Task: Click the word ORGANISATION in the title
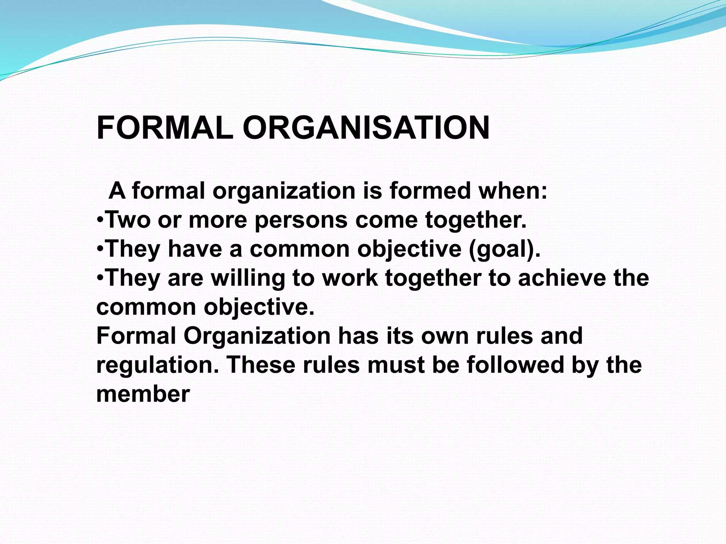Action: [x=366, y=128]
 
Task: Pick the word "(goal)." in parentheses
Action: [x=505, y=249]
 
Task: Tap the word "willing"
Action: [x=248, y=278]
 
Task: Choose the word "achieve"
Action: [x=562, y=278]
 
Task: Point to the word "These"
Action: [x=261, y=365]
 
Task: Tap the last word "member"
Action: [x=143, y=394]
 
